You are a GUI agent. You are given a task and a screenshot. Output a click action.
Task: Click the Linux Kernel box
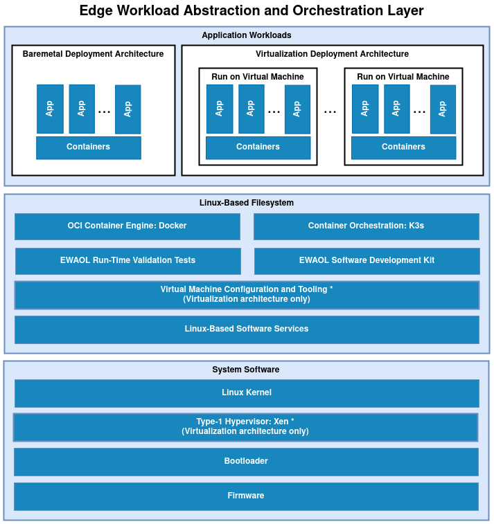(x=247, y=392)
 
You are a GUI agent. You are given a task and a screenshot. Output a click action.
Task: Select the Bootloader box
(x=246, y=461)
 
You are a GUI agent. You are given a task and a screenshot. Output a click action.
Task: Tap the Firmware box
(x=246, y=496)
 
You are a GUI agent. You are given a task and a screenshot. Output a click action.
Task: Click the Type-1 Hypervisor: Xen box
(x=245, y=426)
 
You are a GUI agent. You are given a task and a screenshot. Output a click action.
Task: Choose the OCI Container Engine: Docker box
(x=127, y=226)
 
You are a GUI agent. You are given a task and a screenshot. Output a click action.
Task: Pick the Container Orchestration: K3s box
(x=366, y=226)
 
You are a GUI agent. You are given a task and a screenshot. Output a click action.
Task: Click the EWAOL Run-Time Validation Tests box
(x=127, y=260)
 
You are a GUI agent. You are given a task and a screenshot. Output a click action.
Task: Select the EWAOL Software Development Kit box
(x=367, y=260)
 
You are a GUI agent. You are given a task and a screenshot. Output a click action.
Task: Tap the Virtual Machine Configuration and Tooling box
(x=247, y=294)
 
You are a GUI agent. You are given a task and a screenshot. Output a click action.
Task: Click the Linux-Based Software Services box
(x=247, y=329)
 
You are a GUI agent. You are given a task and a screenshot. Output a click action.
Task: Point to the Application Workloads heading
(x=247, y=35)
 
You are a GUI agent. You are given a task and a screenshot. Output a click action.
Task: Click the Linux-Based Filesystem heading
(x=247, y=203)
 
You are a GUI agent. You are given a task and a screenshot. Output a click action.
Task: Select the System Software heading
(x=246, y=370)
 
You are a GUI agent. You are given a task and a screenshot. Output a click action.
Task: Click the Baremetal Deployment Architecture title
(x=94, y=54)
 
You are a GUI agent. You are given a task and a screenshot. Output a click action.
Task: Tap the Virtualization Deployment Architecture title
(x=332, y=54)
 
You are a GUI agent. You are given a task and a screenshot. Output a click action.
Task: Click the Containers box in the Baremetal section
(x=88, y=147)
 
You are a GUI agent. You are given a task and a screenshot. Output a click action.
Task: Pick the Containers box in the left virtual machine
(x=258, y=147)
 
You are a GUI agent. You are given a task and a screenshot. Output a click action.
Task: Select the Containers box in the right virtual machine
(x=403, y=147)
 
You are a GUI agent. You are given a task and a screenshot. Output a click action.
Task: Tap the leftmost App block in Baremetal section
(x=50, y=109)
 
